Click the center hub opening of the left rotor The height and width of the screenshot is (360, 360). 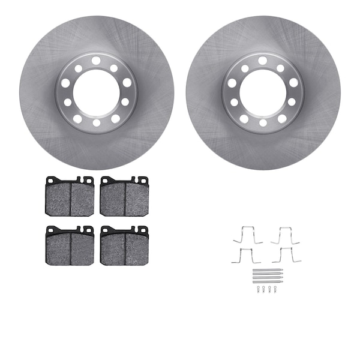pos(96,93)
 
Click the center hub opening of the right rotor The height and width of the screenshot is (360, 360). pos(263,93)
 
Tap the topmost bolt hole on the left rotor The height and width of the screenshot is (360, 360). pos(96,60)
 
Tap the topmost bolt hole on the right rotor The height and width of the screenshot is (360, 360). pos(263,60)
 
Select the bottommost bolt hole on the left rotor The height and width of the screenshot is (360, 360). pos(96,124)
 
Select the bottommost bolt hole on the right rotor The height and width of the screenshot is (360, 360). pos(263,124)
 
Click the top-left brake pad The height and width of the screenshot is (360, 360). pos(70,197)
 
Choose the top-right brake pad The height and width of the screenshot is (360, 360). pos(124,197)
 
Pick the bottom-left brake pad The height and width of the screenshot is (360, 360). pos(70,246)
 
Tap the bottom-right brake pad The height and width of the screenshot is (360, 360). pos(124,246)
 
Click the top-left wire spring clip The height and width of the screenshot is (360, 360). pos(247,236)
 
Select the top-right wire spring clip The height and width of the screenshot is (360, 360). pos(285,236)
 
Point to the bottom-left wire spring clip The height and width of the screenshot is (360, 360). pos(246,255)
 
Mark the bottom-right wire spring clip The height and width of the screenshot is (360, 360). pos(286,255)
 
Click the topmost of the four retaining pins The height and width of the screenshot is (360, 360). pos(267,271)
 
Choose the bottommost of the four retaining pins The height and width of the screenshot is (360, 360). pos(267,281)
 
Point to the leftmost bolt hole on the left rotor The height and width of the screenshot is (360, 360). pos(65,83)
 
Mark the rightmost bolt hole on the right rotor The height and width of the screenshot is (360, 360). pos(294,83)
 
